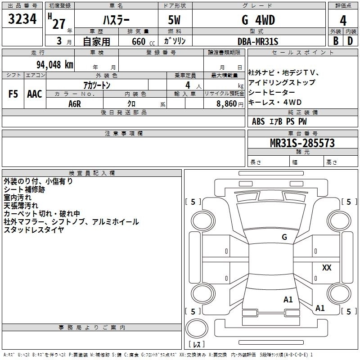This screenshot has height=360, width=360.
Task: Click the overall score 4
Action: point(343,20)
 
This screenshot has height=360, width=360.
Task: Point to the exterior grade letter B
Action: point(335,40)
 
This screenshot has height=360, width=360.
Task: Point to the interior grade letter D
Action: point(350,40)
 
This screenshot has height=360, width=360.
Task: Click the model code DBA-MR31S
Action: point(258,41)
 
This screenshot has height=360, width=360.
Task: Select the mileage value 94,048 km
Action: point(53,64)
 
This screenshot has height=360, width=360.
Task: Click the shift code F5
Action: point(13,94)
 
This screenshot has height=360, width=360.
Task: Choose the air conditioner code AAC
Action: point(35,94)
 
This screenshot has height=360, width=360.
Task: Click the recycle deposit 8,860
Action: point(229,103)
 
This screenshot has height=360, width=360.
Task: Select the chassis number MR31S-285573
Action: point(302,143)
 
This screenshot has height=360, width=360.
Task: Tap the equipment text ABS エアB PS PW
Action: point(279,121)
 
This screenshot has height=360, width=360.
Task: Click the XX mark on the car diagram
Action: point(327,268)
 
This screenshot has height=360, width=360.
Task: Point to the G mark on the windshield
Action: point(284,237)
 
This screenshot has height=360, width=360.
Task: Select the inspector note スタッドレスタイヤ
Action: point(34,230)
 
